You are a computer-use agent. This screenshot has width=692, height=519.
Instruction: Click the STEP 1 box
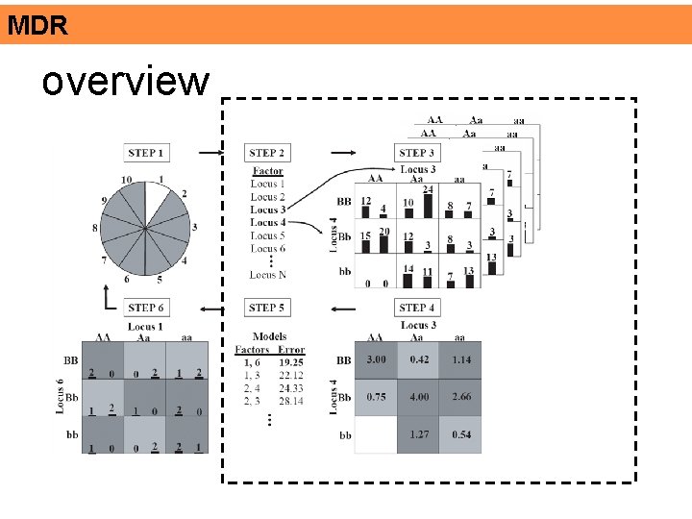(146, 153)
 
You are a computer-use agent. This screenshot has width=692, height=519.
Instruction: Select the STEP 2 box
(266, 153)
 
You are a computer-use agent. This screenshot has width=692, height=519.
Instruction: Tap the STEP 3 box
(416, 153)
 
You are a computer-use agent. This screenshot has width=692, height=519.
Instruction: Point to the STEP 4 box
(416, 308)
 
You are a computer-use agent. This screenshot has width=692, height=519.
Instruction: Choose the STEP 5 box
(266, 308)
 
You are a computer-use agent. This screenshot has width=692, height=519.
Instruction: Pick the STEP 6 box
(146, 308)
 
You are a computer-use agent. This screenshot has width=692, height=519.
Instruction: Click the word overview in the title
(125, 82)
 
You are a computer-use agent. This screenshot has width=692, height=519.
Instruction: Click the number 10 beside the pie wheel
(127, 181)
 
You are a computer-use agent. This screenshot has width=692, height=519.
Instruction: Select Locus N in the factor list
(268, 275)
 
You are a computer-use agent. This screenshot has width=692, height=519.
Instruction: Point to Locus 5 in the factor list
(268, 235)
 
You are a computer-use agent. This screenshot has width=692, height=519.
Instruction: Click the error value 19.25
(290, 362)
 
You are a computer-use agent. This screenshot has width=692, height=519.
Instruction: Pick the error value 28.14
(290, 401)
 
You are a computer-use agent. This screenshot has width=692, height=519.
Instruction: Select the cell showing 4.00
(418, 397)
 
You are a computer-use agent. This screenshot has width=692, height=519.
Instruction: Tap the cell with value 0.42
(418, 359)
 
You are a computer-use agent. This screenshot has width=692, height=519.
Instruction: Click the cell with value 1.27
(418, 434)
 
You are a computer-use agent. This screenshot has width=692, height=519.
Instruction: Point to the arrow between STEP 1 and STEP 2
(206, 152)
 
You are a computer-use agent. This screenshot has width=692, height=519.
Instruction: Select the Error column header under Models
(290, 350)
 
